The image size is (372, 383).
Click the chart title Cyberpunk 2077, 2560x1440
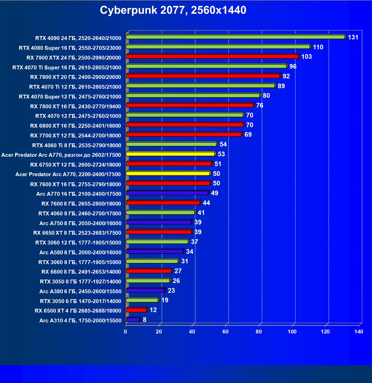pyautogui.click(x=173, y=10)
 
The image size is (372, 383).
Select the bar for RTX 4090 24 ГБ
pyautogui.click(x=235, y=37)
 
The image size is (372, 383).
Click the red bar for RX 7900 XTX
pyautogui.click(x=212, y=56)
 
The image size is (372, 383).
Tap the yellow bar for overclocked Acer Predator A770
pyautogui.click(x=170, y=154)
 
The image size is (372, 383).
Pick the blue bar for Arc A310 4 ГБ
pyautogui.click(x=133, y=320)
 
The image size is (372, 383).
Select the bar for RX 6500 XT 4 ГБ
pyautogui.click(x=136, y=310)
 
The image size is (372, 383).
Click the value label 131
pyautogui.click(x=353, y=37)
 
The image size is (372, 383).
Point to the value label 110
pyautogui.click(x=318, y=47)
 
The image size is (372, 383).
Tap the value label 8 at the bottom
pyautogui.click(x=145, y=320)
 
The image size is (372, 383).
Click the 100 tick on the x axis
pyautogui.click(x=292, y=332)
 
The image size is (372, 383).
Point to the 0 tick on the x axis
pyautogui.click(x=125, y=332)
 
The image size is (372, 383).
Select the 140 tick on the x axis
pyautogui.click(x=359, y=332)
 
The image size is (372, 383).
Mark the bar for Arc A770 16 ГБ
pyautogui.click(x=167, y=193)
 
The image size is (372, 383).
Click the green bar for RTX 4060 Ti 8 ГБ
pyautogui.click(x=171, y=144)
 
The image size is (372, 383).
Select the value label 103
pyautogui.click(x=307, y=57)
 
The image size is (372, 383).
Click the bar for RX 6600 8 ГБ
pyautogui.click(x=149, y=271)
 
